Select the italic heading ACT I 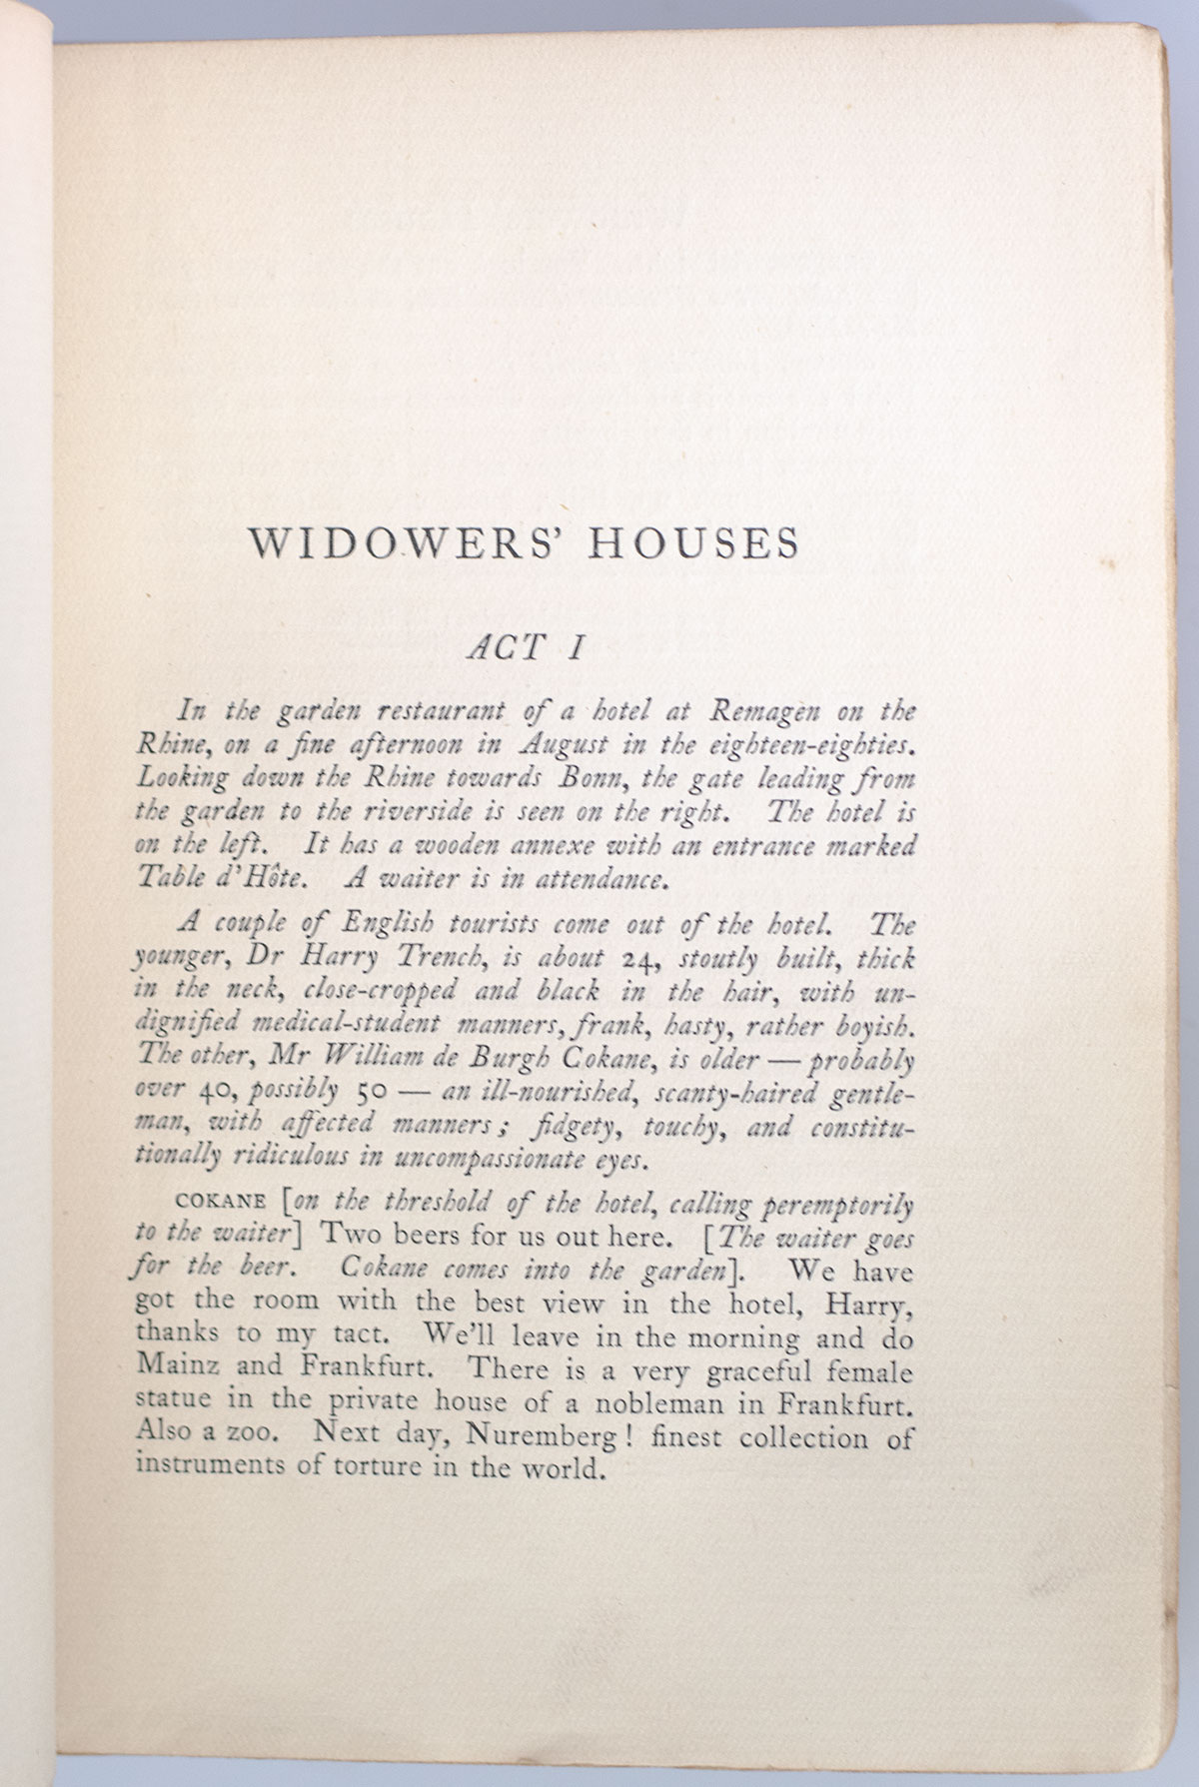click(527, 648)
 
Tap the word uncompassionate click(484, 1159)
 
